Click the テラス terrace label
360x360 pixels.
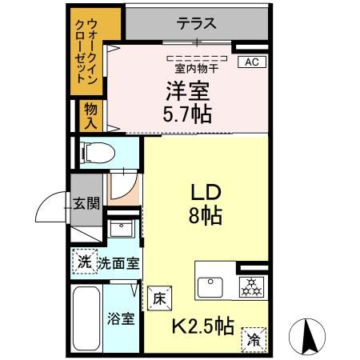(197, 22)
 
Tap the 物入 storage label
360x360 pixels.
(91, 117)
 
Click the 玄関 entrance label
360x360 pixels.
(86, 203)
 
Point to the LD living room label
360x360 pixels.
(205, 193)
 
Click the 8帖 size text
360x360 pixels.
(205, 216)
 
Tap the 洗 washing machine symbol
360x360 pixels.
(82, 261)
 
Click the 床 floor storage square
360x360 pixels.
(159, 298)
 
